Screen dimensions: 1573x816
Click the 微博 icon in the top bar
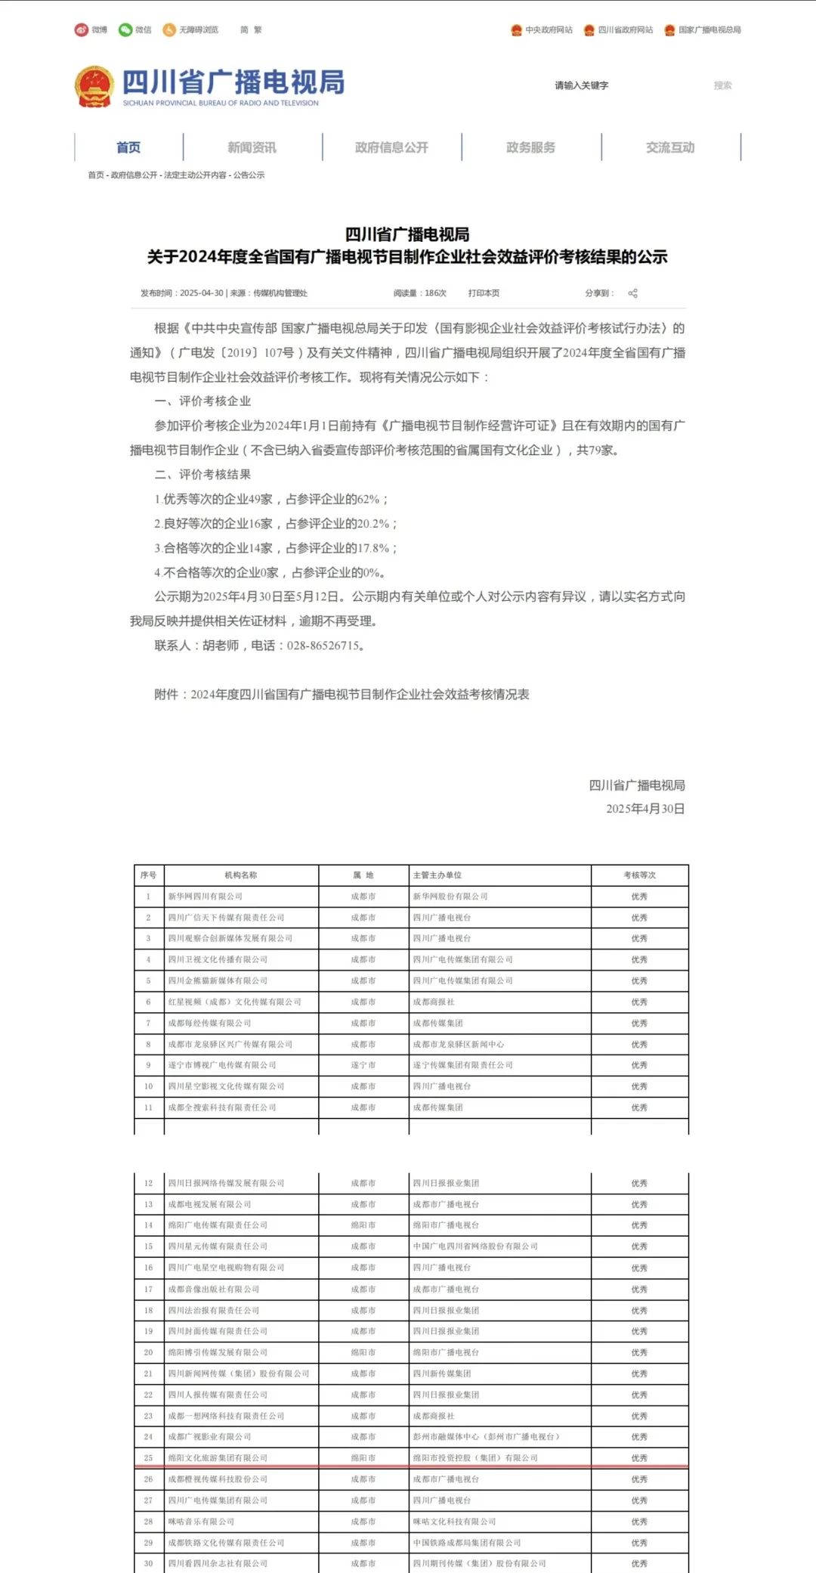coord(82,30)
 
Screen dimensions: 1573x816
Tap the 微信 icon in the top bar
coord(125,30)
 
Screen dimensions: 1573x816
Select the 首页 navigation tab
coord(128,147)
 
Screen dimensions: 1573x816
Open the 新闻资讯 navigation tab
coord(252,147)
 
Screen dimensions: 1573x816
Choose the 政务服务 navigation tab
coord(530,147)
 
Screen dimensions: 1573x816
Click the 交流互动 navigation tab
coord(670,147)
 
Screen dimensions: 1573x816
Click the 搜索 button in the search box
coord(722,85)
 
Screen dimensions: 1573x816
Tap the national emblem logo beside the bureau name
coord(94,86)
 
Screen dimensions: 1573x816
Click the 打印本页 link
coord(484,293)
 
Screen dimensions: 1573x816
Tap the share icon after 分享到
coord(633,293)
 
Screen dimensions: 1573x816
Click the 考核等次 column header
coord(639,875)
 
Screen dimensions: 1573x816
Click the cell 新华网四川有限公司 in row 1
coord(206,896)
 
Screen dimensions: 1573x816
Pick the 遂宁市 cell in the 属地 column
coord(363,1065)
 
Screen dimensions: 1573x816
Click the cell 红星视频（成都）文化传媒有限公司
coord(235,1002)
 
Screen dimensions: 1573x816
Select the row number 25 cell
coord(148,1458)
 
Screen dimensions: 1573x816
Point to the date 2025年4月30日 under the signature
coord(645,809)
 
